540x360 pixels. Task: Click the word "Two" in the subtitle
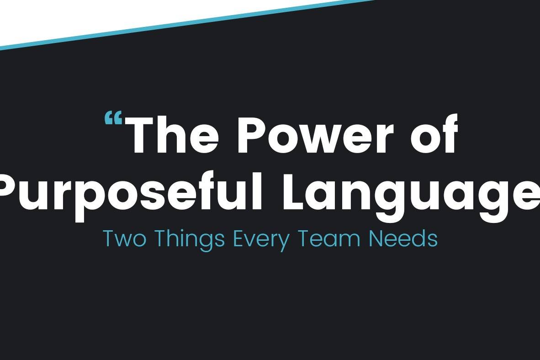(x=125, y=238)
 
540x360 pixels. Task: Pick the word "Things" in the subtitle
(x=190, y=240)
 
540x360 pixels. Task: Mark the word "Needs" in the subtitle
(x=403, y=238)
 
